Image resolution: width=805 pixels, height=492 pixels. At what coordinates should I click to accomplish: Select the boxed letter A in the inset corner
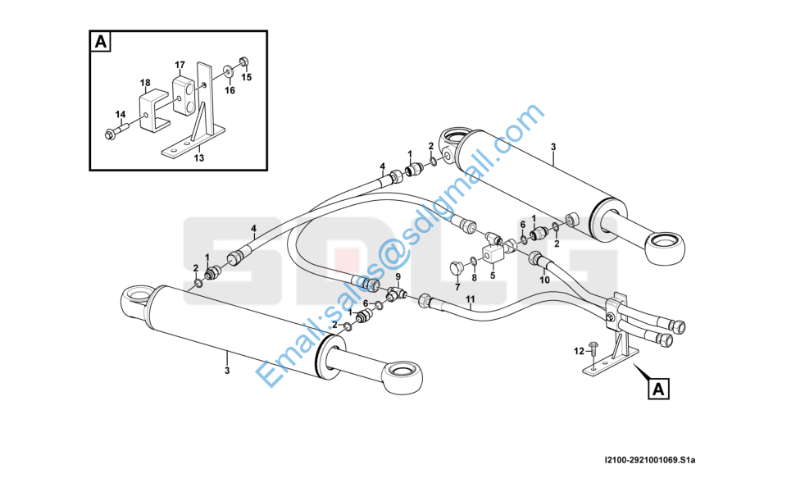[100, 42]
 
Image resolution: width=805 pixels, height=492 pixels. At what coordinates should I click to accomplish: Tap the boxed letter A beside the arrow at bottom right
[657, 389]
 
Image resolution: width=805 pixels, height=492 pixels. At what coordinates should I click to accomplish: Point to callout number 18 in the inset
[145, 83]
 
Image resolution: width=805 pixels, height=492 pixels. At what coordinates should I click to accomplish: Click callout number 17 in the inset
[180, 64]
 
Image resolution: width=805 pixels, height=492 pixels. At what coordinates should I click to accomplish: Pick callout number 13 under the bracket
[198, 159]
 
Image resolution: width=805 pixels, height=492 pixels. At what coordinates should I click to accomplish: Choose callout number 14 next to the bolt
[120, 114]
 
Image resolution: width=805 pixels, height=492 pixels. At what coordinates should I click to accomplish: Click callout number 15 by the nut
[246, 77]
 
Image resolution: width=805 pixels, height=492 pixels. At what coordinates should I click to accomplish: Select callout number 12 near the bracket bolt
[579, 351]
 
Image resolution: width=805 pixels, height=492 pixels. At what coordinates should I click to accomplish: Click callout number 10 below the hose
[544, 280]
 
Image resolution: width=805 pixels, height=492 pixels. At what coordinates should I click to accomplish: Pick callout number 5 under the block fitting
[493, 276]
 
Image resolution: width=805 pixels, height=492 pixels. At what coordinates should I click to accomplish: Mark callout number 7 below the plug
[457, 288]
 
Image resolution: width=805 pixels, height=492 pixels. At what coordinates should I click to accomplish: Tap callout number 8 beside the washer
[474, 278]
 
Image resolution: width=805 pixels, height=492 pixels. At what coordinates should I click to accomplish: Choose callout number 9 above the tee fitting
[398, 276]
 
